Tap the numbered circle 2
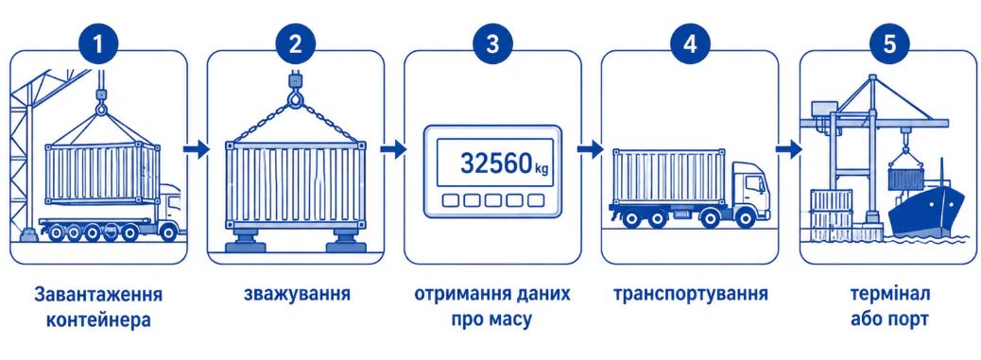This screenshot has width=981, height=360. click(295, 44)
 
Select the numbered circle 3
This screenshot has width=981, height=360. click(493, 44)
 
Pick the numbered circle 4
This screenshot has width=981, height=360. click(690, 44)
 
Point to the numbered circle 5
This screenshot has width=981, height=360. click(889, 44)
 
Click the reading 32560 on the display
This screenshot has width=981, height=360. click(496, 163)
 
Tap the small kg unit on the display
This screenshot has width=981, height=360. click(542, 167)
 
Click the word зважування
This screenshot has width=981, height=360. click(297, 294)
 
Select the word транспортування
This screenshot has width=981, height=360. click(691, 295)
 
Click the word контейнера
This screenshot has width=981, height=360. click(99, 320)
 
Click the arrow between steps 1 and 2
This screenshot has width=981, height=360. click(197, 150)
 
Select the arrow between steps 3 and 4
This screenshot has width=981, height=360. click(590, 150)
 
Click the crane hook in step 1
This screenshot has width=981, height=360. click(101, 104)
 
